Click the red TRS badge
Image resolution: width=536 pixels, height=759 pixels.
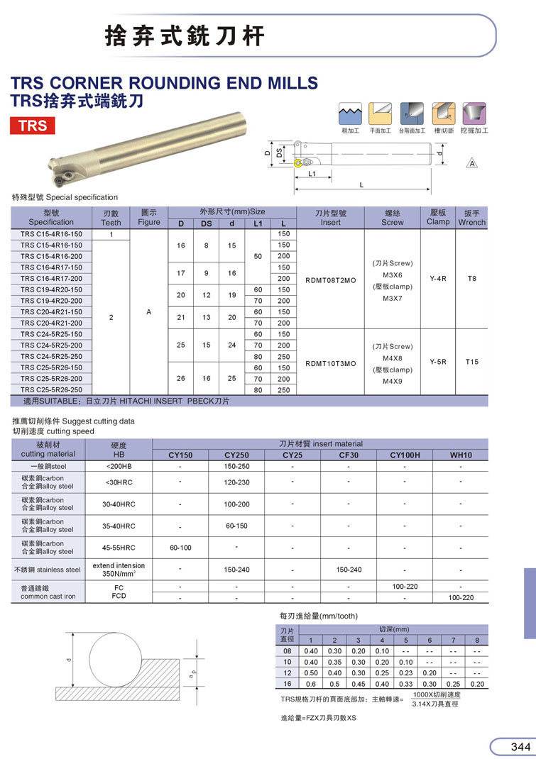(x=33, y=126)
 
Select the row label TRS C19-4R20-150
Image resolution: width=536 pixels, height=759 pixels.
(x=51, y=290)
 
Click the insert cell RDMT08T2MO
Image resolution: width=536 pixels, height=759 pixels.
(x=330, y=279)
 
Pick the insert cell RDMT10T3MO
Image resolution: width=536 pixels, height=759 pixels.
(x=330, y=362)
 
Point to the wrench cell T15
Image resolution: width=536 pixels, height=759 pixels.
(x=472, y=362)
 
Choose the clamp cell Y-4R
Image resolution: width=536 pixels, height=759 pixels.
(x=438, y=279)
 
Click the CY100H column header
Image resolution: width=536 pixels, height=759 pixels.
(x=405, y=455)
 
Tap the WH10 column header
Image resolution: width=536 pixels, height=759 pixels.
(x=461, y=455)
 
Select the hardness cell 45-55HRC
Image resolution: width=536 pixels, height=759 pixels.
(x=119, y=548)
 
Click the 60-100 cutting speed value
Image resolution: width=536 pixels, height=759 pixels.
(x=180, y=548)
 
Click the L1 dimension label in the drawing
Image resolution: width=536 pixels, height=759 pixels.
(x=311, y=173)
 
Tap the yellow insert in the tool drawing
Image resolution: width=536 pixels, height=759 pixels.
(x=299, y=164)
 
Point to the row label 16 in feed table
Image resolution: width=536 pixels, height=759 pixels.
(x=288, y=684)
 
